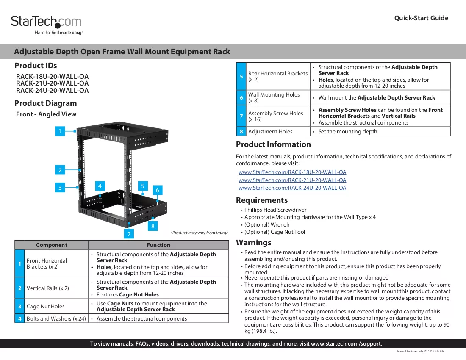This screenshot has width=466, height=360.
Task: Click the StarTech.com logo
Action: coord(46,25)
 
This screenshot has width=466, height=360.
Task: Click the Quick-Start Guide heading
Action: coord(421,18)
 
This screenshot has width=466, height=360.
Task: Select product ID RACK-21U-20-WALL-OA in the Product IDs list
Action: coord(52,83)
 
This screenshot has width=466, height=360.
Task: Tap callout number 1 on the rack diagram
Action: coord(60,131)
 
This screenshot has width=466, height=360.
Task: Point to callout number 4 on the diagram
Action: coord(100,186)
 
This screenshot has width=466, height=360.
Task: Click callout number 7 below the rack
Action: coord(129,234)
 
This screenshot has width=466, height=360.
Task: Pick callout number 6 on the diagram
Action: coord(158,190)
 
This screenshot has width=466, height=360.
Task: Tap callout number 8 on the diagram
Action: coord(153,226)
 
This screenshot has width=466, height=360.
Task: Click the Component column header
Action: coord(52,245)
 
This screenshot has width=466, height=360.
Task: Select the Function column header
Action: coord(159,245)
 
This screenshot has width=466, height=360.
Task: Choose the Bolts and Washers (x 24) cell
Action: coord(56,319)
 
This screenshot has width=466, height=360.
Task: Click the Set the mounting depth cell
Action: coord(380,132)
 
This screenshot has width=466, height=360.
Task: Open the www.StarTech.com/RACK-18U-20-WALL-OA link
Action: coord(292,172)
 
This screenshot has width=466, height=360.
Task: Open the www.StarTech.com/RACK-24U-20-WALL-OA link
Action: coord(292,188)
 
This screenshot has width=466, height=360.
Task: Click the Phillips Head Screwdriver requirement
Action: coord(275,210)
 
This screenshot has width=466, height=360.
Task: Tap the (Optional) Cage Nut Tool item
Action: coord(275,232)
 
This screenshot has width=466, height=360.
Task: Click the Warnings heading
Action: coord(253,243)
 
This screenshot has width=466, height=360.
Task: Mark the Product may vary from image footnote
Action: coord(200,233)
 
